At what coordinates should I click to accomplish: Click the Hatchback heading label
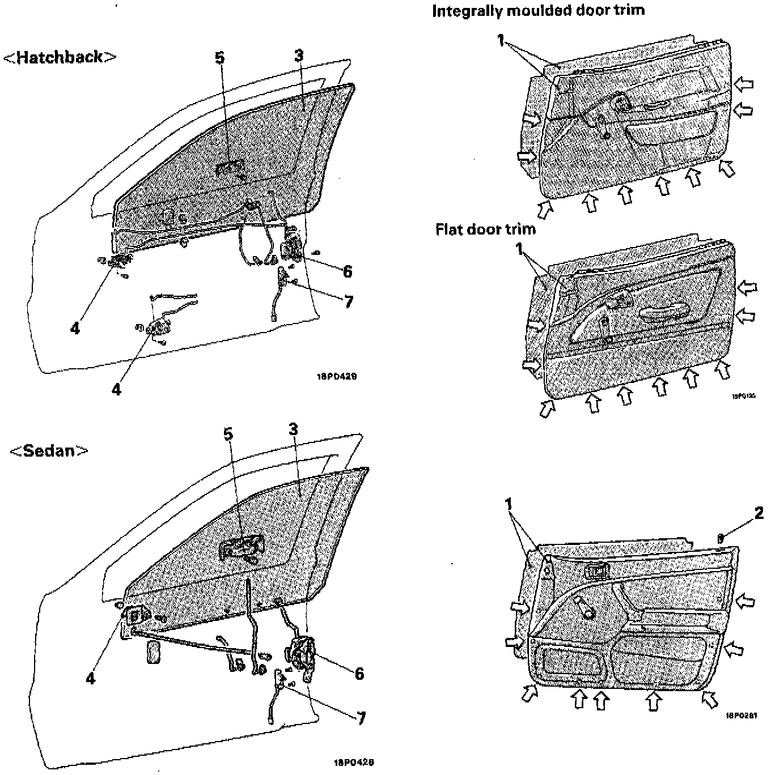(60, 57)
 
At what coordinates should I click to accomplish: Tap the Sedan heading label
(50, 451)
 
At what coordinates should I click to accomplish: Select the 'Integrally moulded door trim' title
(538, 11)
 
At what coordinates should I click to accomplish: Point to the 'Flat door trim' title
(485, 229)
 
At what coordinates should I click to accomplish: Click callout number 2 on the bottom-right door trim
(759, 513)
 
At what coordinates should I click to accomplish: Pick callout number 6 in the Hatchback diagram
(347, 271)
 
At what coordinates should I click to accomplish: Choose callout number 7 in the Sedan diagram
(361, 718)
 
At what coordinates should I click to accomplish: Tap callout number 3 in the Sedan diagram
(293, 429)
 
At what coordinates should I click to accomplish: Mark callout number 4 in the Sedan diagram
(91, 678)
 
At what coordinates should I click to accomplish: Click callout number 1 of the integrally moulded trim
(501, 40)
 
